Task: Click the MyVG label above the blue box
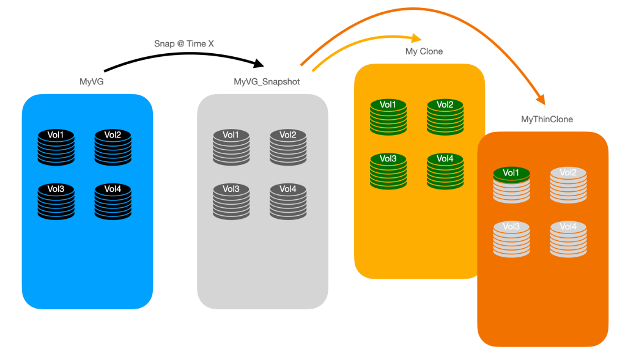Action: (87, 81)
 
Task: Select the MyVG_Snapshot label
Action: (267, 81)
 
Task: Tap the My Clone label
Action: (424, 51)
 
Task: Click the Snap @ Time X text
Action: (183, 44)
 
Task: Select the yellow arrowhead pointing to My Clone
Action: (416, 37)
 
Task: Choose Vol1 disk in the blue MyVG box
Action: (56, 147)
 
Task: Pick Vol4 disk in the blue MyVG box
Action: (113, 201)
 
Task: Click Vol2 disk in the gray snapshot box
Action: (288, 147)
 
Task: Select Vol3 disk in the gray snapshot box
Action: (231, 201)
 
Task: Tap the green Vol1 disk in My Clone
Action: (388, 117)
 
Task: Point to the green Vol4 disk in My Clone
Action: (445, 171)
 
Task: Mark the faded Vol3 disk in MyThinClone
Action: (511, 238)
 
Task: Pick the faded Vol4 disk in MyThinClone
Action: (568, 238)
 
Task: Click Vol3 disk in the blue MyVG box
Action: (56, 201)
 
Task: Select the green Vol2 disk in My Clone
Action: (445, 117)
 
